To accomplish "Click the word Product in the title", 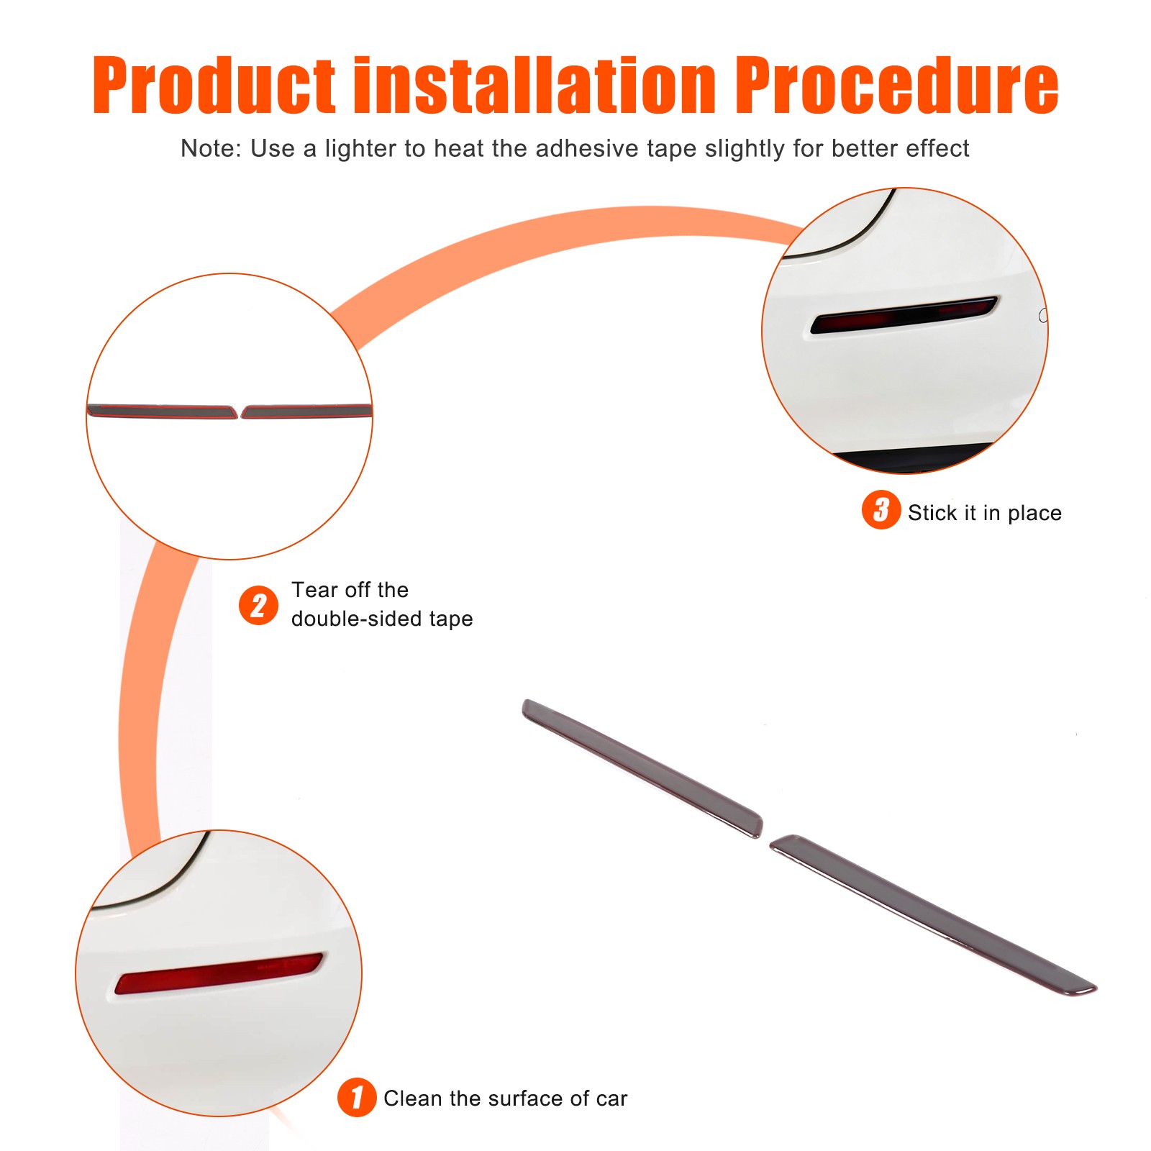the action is [x=214, y=86].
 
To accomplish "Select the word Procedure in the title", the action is [x=897, y=86].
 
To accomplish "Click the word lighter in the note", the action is [x=360, y=148].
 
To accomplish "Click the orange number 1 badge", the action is [x=357, y=1097].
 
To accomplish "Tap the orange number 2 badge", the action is [x=258, y=605].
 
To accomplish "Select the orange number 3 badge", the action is [x=881, y=510].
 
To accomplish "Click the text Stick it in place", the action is [x=985, y=513].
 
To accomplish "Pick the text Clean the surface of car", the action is [x=506, y=1098].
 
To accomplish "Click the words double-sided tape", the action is [x=382, y=619].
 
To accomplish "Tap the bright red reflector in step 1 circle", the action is [x=219, y=973].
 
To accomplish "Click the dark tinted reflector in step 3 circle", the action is [x=904, y=314].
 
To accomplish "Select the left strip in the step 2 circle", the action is [x=163, y=411].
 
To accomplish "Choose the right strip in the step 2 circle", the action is [x=307, y=411].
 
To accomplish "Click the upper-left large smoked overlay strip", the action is [x=642, y=768].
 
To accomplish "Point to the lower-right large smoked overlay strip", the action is [x=933, y=915].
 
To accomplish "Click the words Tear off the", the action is [x=350, y=590].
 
